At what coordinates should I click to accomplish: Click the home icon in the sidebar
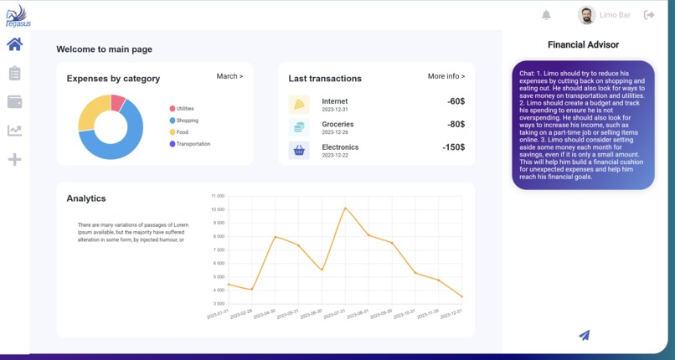[14, 44]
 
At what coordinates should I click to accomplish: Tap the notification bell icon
[547, 15]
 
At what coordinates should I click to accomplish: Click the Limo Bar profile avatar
[586, 15]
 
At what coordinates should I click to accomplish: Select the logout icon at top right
[649, 15]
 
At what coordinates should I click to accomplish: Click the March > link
[229, 76]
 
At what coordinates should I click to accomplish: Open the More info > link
[446, 76]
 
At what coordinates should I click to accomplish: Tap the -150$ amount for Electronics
[453, 147]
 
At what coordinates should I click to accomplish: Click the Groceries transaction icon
[299, 127]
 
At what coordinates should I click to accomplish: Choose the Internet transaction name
[335, 101]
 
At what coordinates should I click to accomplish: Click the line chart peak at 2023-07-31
[344, 208]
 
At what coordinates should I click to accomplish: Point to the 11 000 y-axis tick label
[216, 196]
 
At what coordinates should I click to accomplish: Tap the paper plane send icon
[585, 335]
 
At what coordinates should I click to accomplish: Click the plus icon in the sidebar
[14, 159]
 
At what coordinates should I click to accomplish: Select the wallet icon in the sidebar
[14, 102]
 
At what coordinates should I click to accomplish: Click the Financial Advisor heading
[583, 44]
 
